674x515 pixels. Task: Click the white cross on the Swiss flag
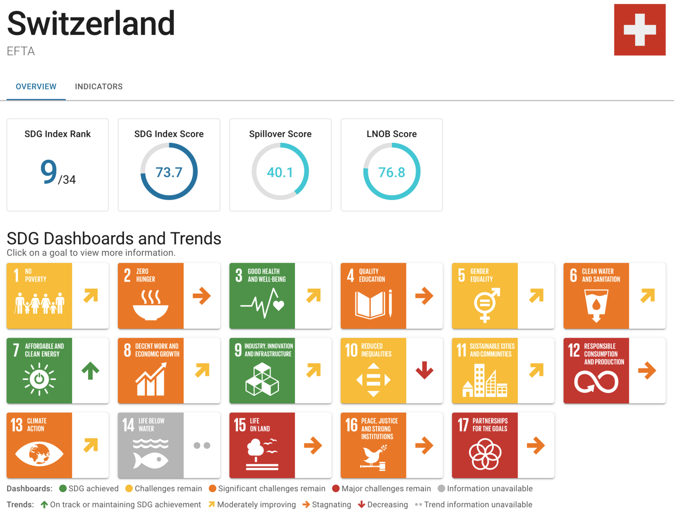coord(640,30)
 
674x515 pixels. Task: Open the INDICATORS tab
coord(99,86)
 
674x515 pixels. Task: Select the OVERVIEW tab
coord(36,86)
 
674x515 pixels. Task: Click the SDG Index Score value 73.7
coord(169,172)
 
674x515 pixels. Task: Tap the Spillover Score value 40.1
coord(280,172)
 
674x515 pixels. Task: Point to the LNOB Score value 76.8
coord(391,172)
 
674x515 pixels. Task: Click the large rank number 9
coord(49,172)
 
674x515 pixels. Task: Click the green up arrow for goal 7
coord(90,371)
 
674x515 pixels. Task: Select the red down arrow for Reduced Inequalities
coord(424,370)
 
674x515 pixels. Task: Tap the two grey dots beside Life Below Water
coord(202,445)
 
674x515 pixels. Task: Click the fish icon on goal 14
coord(150,459)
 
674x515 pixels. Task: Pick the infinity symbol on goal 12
coord(596,382)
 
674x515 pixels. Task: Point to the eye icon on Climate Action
coord(39,453)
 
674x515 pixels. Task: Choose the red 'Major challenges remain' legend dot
coord(336,488)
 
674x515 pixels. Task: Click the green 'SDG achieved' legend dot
coord(63,488)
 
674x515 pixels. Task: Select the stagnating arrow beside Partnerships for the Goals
coord(536,445)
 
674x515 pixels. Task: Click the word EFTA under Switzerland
coord(21,51)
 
